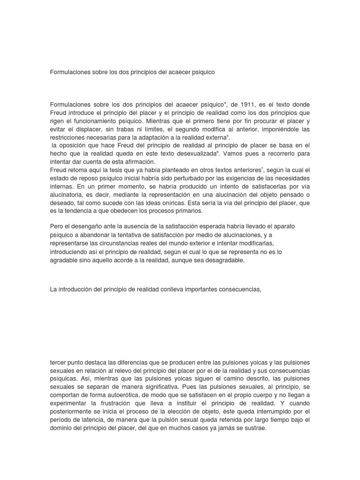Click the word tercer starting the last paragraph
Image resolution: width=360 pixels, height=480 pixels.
pos(59,364)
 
